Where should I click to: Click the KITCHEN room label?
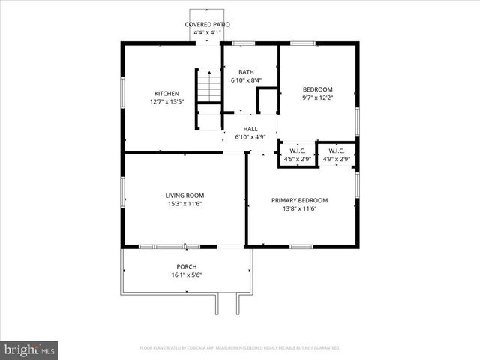(166, 94)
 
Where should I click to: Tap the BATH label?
(246, 72)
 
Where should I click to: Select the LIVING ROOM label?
(184, 196)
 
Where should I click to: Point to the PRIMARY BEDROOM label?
(300, 200)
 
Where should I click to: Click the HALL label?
(250, 129)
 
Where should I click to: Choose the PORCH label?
(186, 267)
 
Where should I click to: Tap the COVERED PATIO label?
(208, 25)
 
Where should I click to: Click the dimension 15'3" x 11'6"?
(184, 204)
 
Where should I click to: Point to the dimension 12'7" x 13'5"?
(166, 102)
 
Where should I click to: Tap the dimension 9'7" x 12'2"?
(317, 97)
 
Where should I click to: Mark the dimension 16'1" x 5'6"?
(186, 275)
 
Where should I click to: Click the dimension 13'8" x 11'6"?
(300, 208)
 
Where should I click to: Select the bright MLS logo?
(30, 349)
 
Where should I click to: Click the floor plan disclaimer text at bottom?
(240, 348)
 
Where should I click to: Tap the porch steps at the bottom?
(227, 302)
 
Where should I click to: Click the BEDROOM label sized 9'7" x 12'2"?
(317, 89)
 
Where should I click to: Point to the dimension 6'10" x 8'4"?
(246, 80)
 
